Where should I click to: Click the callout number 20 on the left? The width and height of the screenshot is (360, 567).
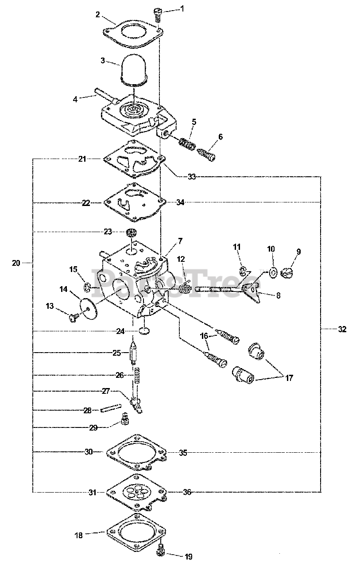pos(16,263)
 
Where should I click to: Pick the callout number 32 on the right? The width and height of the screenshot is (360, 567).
pos(342,329)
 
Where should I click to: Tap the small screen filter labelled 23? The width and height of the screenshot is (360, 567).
pos(132,232)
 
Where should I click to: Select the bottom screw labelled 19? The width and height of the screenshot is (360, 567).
pos(161,551)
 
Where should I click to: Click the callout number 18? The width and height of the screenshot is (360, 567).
pos(79,535)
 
